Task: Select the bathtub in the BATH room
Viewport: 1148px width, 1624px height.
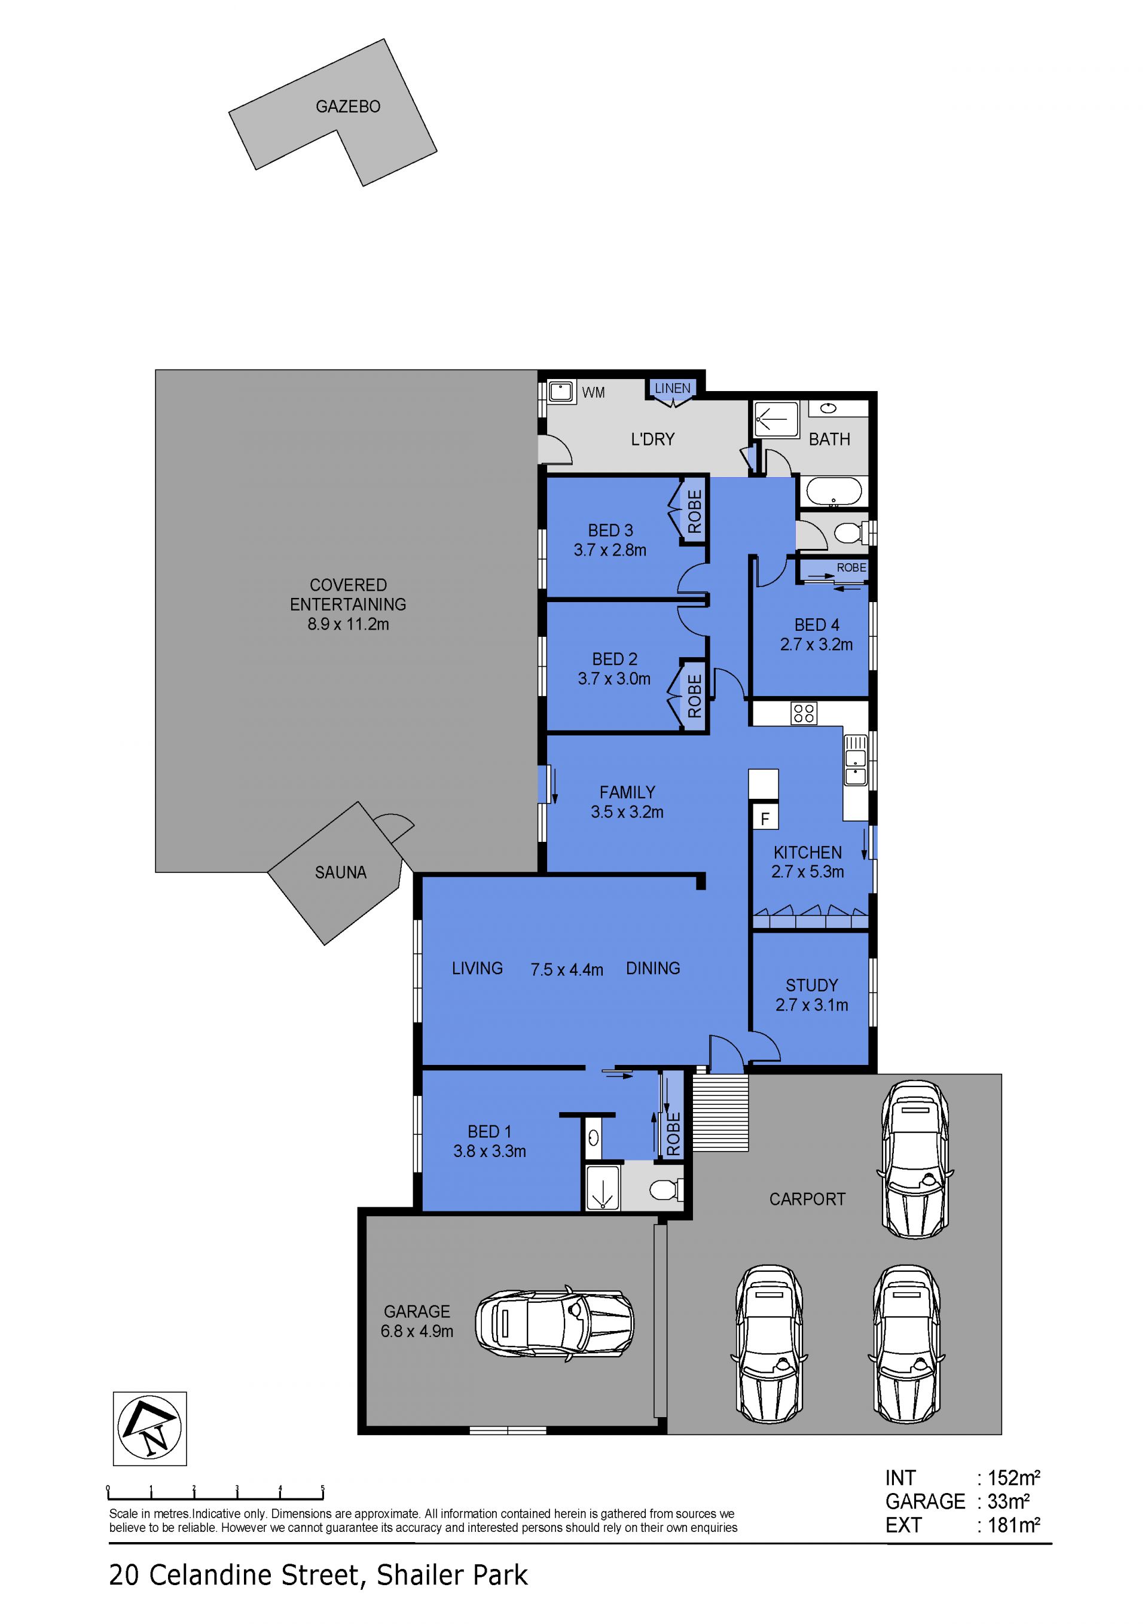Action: click(831, 492)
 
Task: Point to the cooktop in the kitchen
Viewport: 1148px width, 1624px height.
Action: click(804, 713)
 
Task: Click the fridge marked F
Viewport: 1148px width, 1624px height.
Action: click(765, 819)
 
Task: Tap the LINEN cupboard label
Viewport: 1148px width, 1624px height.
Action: click(672, 388)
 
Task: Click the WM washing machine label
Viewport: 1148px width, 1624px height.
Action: click(594, 393)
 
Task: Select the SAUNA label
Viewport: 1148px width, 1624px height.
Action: click(340, 873)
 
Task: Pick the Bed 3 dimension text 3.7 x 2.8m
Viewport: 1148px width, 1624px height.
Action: click(610, 550)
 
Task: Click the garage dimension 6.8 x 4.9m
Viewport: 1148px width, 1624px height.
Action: click(417, 1331)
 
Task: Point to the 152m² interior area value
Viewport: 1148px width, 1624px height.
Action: click(1013, 1478)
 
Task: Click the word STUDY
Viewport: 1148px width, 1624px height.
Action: click(811, 985)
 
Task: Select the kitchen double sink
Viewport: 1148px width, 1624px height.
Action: click(855, 761)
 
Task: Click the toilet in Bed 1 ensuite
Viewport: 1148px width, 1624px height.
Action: click(666, 1190)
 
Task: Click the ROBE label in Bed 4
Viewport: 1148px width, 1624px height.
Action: click(851, 567)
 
